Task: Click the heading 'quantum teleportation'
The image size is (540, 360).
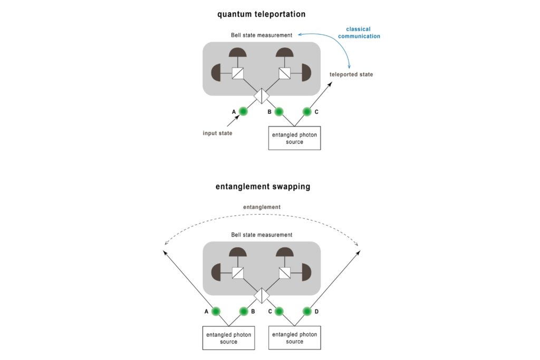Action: pos(262,14)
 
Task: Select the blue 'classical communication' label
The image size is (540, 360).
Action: pos(363,33)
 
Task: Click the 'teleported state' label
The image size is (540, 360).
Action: pos(351,74)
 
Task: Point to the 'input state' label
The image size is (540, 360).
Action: pos(217,133)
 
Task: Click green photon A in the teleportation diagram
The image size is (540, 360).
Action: pos(243,111)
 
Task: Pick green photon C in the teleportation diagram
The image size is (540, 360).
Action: pos(307,111)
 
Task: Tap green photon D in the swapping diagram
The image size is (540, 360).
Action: pos(307,311)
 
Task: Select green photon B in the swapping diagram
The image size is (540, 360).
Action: pos(243,311)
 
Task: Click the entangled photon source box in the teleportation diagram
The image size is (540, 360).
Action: pos(294,138)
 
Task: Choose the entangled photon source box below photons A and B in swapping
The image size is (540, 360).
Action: pos(229,338)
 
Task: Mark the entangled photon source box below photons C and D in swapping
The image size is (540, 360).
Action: pos(294,338)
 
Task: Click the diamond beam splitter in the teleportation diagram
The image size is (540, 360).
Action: pos(262,95)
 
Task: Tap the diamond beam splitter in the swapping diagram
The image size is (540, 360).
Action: pos(262,295)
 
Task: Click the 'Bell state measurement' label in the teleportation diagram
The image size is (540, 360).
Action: pos(262,35)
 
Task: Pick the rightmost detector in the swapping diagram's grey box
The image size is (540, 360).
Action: pos(307,273)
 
